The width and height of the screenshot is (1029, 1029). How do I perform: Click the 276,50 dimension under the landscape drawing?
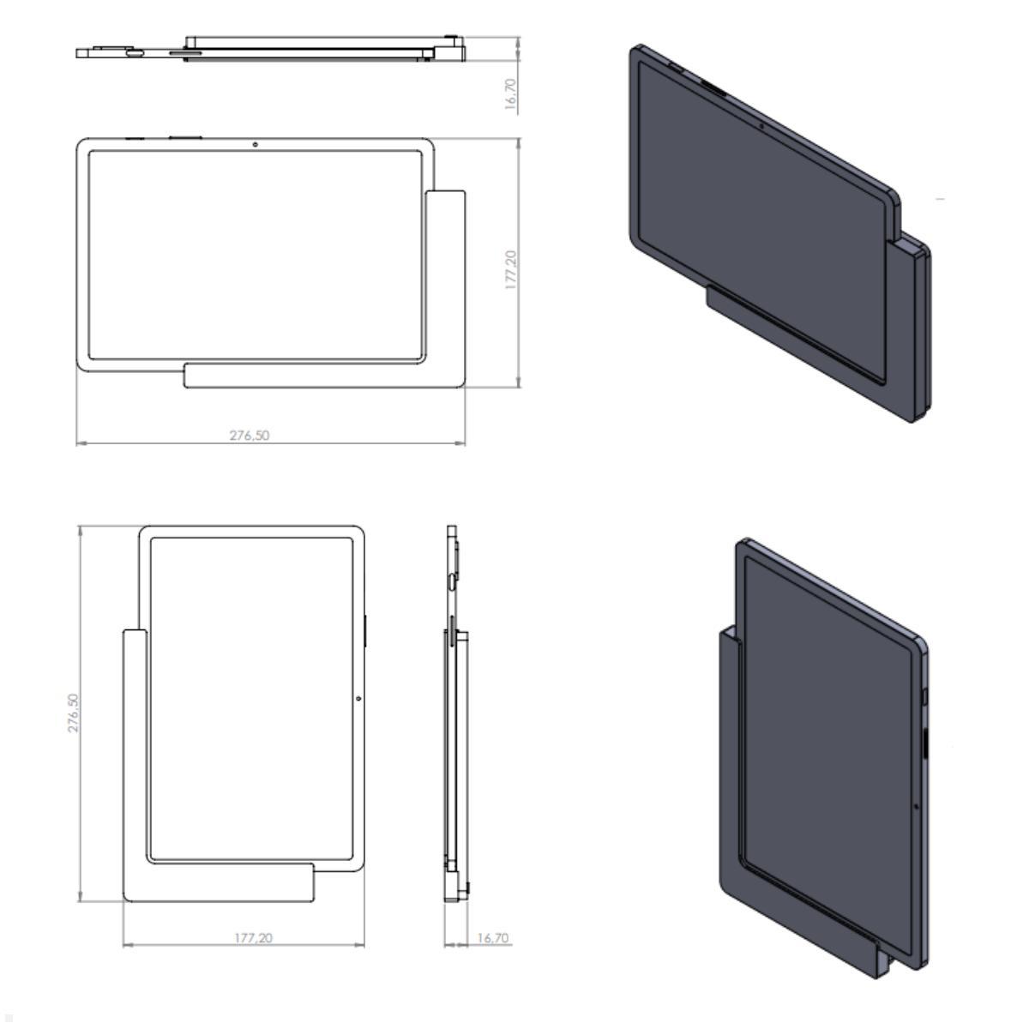point(249,436)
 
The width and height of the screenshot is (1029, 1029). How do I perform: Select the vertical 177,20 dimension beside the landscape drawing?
point(511,269)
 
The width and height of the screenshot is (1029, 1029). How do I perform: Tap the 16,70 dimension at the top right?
point(511,94)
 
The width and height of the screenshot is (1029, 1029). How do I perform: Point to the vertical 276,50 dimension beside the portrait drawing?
point(75,713)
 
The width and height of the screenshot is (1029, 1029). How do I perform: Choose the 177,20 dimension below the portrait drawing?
point(253,938)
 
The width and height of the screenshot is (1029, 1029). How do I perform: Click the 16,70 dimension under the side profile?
point(491,938)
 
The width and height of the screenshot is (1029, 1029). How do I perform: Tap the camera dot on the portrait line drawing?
point(358,698)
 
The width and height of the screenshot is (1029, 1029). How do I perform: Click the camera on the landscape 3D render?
point(761,127)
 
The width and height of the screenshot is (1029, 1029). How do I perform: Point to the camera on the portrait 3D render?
point(916,807)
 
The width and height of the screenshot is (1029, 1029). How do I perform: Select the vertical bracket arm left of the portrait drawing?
point(134,755)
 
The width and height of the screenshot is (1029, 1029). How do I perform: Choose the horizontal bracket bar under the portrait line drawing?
point(223,883)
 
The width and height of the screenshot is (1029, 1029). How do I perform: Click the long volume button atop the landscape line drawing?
point(184,137)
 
